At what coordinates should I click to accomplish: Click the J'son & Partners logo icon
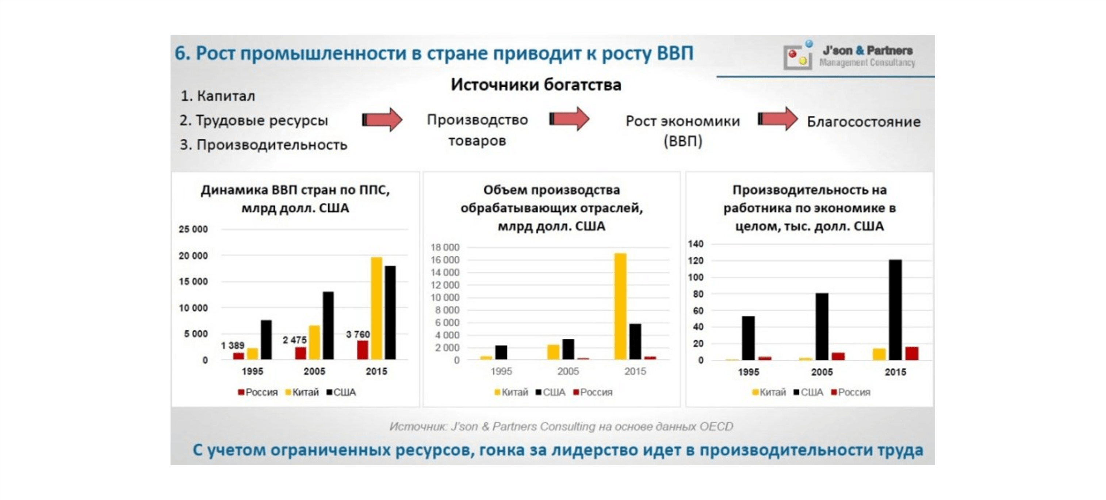[798, 56]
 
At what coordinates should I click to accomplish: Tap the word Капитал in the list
[226, 96]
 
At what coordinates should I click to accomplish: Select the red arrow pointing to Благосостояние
[777, 119]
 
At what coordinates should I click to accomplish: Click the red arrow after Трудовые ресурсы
[382, 119]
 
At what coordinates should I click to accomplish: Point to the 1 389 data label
[233, 346]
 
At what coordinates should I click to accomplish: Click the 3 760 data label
[357, 334]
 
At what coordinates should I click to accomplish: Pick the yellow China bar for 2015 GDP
[376, 308]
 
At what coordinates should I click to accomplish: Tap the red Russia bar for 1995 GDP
[239, 356]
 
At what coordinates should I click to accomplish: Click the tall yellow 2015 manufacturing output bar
[620, 306]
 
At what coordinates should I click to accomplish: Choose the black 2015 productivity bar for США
[895, 310]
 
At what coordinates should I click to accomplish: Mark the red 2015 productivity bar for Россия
[912, 353]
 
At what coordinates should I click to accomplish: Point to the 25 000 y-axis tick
[193, 229]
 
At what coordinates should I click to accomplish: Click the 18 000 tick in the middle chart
[445, 247]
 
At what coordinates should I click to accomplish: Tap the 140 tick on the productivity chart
[696, 244]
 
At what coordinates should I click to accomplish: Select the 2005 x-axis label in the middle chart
[568, 371]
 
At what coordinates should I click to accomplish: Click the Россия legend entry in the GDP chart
[258, 392]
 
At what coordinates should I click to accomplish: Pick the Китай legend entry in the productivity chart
[769, 392]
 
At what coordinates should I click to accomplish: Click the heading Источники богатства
[536, 85]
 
